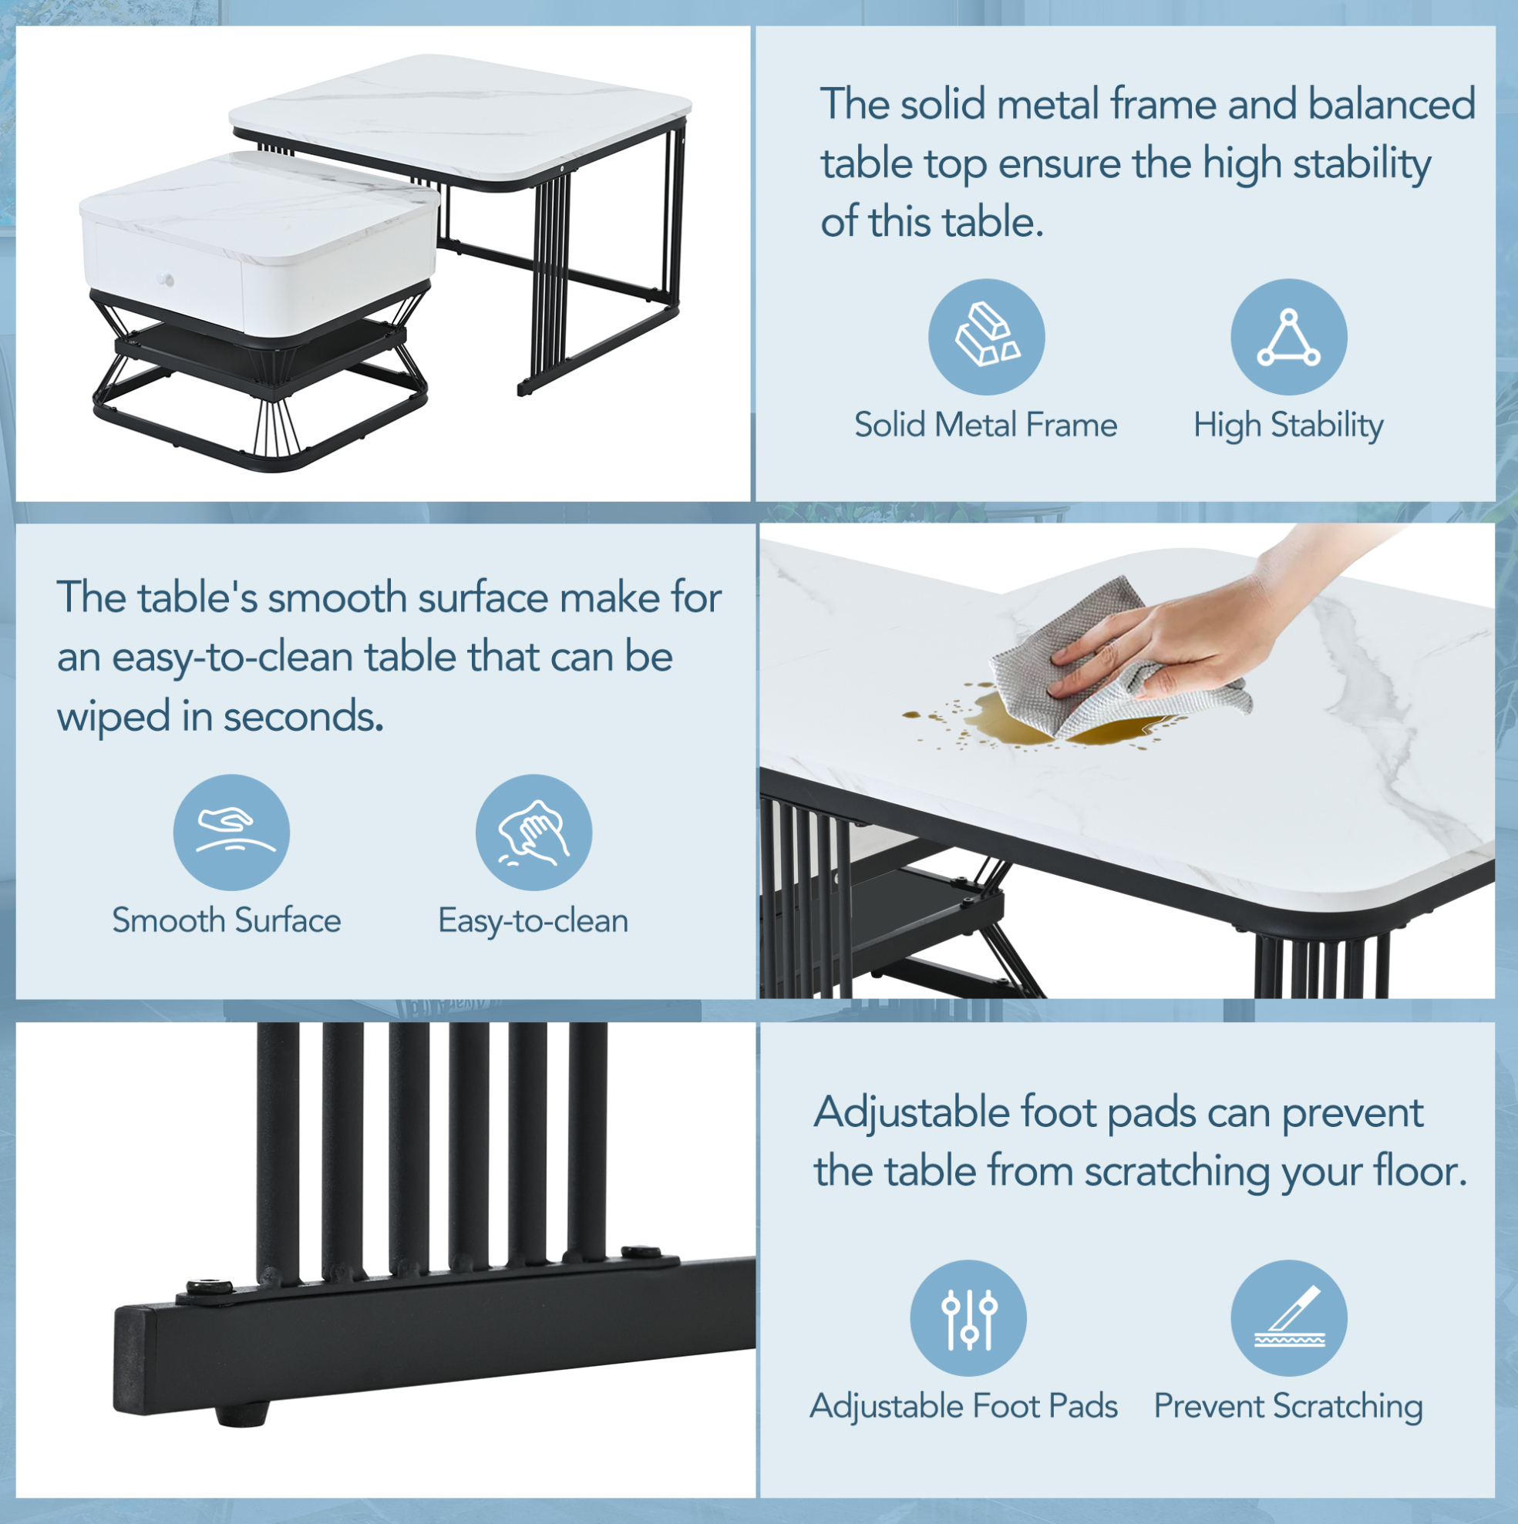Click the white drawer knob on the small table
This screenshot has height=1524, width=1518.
pos(167,279)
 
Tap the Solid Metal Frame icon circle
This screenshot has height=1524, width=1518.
pos(986,337)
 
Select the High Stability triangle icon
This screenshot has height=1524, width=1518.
pos(1289,337)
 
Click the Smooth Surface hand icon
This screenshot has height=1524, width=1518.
pos(231,833)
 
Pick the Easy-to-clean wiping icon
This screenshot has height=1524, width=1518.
pos(533,833)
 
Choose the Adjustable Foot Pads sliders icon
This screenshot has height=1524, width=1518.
pos(968,1318)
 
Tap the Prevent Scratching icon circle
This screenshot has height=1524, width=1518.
pos(1289,1318)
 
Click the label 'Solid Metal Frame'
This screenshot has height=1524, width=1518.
pos(985,426)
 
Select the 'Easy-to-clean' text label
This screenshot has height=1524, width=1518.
pos(533,921)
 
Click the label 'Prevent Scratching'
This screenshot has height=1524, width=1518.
pos(1288,1408)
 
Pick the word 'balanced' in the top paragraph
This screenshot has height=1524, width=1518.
pos(1392,104)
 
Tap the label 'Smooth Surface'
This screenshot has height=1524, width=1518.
pos(227,920)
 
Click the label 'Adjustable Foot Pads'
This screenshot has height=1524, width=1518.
pos(964,1407)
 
